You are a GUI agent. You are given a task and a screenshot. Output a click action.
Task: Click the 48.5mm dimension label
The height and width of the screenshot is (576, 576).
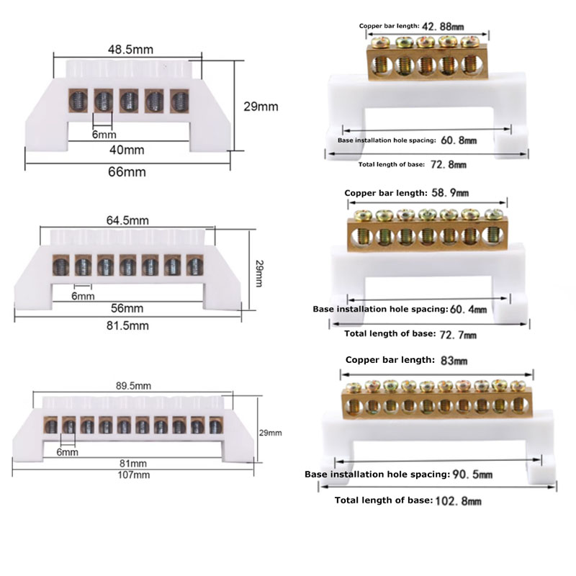[x=130, y=50]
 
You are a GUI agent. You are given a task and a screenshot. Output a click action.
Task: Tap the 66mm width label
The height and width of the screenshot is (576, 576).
[x=127, y=172]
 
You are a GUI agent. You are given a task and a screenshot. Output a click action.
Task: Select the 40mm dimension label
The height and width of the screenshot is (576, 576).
[x=127, y=150]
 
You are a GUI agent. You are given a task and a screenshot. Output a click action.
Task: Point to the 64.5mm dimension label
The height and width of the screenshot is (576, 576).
[x=127, y=220]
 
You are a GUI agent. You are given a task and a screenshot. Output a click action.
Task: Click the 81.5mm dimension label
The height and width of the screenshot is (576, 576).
[x=127, y=326]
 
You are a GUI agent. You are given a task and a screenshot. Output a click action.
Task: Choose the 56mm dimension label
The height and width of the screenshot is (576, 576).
[x=127, y=308]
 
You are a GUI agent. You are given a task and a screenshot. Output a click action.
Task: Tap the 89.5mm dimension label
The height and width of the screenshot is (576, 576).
[x=133, y=386]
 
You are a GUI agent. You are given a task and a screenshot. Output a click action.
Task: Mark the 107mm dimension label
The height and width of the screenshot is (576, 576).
[x=133, y=475]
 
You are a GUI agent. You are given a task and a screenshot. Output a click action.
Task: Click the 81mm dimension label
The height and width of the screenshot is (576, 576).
[x=133, y=464]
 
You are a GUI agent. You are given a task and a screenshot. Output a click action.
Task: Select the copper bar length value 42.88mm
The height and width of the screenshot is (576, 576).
[x=443, y=27]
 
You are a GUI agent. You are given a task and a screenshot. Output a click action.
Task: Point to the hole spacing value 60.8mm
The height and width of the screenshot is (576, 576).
[x=459, y=140]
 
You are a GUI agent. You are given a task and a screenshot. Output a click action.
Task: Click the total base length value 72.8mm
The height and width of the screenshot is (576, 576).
[x=448, y=165]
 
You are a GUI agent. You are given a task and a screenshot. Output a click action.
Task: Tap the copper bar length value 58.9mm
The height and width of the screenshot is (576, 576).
[x=450, y=193]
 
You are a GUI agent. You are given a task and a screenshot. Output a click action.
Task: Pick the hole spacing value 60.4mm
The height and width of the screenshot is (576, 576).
[x=468, y=310]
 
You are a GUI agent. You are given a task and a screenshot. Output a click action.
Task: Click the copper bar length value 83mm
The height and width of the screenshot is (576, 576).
[x=454, y=361]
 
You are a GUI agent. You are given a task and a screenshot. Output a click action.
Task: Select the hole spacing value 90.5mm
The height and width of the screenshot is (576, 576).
[x=472, y=474]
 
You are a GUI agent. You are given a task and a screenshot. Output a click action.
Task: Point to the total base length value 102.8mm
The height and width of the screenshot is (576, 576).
[x=458, y=500]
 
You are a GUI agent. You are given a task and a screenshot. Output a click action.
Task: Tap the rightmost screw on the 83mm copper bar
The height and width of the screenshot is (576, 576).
[x=518, y=386]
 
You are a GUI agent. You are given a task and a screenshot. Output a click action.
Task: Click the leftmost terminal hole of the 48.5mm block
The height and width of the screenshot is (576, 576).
[x=78, y=101]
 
